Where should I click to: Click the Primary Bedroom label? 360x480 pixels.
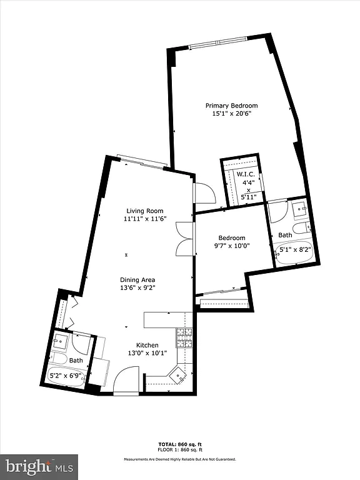pos(231,106)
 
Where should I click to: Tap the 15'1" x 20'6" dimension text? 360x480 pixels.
pos(231,114)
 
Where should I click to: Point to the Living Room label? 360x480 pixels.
pos(145,211)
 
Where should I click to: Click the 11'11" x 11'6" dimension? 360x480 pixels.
pos(145,219)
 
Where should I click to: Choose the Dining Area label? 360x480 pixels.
pos(137,279)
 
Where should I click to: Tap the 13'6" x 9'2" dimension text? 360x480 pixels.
pos(137,287)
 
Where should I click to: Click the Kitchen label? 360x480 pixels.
pos(147,345)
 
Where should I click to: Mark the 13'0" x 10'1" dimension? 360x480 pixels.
pos(147,353)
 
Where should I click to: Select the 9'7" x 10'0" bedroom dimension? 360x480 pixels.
pos(231,246)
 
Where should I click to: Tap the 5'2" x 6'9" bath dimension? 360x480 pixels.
pos(70,376)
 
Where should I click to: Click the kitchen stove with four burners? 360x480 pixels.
pos(184,337)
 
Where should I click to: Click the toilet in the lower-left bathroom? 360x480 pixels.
pos(59,359)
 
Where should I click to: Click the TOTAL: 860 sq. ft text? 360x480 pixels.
pos(179,444)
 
